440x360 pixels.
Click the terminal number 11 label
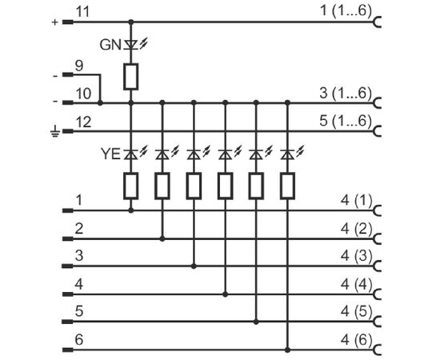82,12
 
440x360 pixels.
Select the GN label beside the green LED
110,45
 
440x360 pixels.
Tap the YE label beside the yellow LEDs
111,154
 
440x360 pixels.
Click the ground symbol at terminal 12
55,131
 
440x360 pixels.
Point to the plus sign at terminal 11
55,22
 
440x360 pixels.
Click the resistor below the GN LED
130,77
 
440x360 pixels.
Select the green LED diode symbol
130,44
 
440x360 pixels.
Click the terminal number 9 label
79,66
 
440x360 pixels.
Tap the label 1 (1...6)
346,11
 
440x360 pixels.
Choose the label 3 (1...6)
346,93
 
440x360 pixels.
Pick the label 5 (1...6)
346,121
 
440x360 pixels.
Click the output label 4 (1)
356,201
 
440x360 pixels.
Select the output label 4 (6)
356,340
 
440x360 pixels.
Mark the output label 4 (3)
356,256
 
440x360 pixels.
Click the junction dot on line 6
287,350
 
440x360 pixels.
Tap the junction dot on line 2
162,238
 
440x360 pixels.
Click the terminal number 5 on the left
79,311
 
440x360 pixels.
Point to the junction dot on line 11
130,22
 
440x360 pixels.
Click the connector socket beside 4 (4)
378,294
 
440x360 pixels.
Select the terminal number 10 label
83,94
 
